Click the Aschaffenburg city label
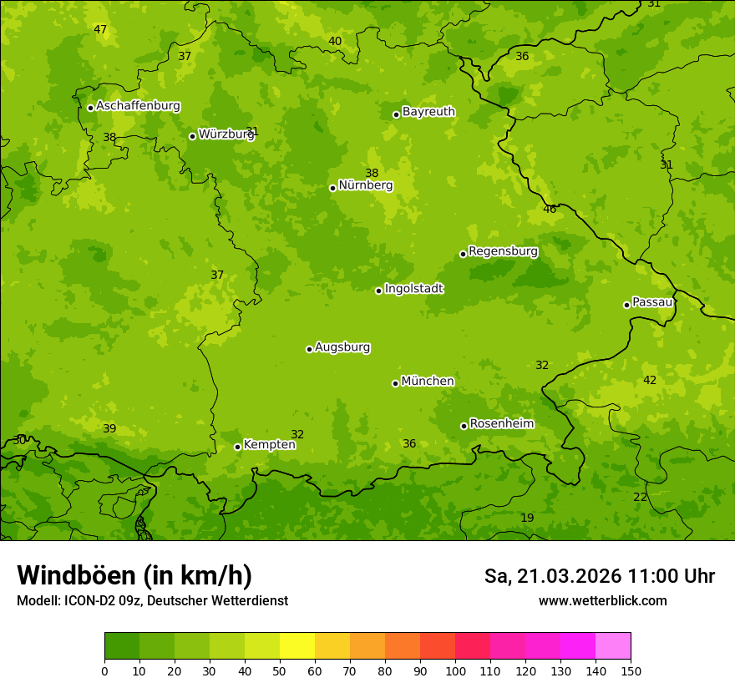[138, 106]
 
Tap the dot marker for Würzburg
[192, 136]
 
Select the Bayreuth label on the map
[428, 112]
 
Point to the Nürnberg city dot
[332, 188]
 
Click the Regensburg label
[503, 251]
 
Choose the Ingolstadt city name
[413, 289]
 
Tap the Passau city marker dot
[626, 305]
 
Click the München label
[428, 382]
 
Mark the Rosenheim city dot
[464, 426]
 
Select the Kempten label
[269, 445]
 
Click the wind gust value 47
[100, 30]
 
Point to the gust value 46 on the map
[550, 210]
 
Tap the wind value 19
[527, 518]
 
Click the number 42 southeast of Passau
[650, 381]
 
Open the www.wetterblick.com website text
[602, 600]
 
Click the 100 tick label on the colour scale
[455, 670]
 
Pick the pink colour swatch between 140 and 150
[613, 646]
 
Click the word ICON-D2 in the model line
[87, 600]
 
